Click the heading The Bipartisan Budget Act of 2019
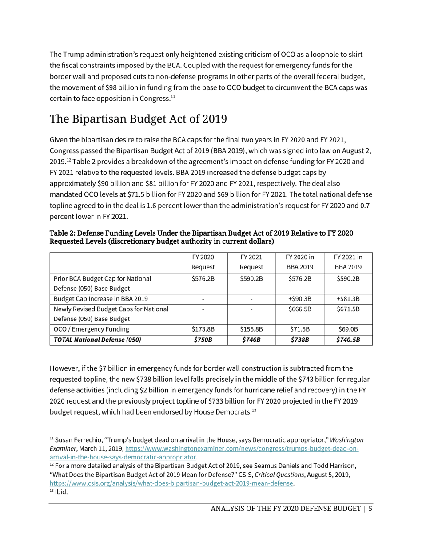click(x=138, y=119)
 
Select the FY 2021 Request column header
click(x=251, y=262)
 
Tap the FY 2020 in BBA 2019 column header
click(x=300, y=262)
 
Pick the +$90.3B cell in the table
click(x=300, y=299)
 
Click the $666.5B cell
click(x=300, y=309)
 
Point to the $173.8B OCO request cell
click(x=203, y=329)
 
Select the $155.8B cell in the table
click(x=251, y=329)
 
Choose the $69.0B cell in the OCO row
click(x=348, y=329)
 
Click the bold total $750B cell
click(x=203, y=340)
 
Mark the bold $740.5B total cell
click(x=348, y=340)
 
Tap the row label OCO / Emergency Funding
click(x=92, y=329)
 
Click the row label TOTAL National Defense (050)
click(x=97, y=340)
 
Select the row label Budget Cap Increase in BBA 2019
click(x=101, y=299)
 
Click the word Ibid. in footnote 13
click(x=61, y=492)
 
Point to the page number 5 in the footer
click(x=370, y=509)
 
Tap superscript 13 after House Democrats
click(x=254, y=410)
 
